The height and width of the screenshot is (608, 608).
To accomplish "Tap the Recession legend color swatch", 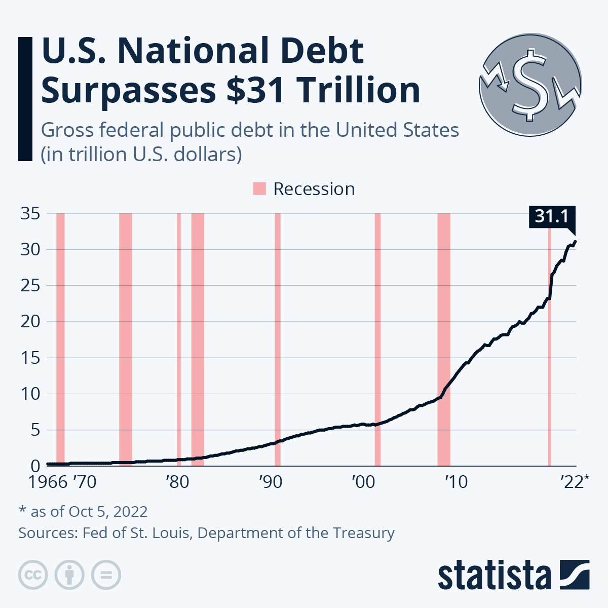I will pos(259,189).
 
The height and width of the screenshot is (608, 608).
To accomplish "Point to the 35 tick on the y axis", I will pos(30,214).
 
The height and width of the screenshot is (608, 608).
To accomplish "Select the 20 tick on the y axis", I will pos(30,322).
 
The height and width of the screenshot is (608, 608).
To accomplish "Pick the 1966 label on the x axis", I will pos(48,482).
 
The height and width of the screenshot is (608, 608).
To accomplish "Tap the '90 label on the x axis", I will pos(271,482).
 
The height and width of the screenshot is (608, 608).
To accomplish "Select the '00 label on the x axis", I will pos(363,482).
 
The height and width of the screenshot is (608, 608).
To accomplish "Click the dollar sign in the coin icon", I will pos(530,84).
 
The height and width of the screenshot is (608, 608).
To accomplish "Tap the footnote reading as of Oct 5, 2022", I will pos(83,512).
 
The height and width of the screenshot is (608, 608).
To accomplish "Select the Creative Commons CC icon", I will pos(33,575).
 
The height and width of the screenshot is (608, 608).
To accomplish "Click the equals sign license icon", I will pos(106,575).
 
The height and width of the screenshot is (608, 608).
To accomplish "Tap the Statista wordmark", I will pos(494,575).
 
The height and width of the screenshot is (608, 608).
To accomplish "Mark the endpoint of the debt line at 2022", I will pos(575,242).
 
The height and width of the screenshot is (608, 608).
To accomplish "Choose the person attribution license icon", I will pos(70,575).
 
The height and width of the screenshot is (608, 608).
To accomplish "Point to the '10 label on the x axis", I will pos(456,482).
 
